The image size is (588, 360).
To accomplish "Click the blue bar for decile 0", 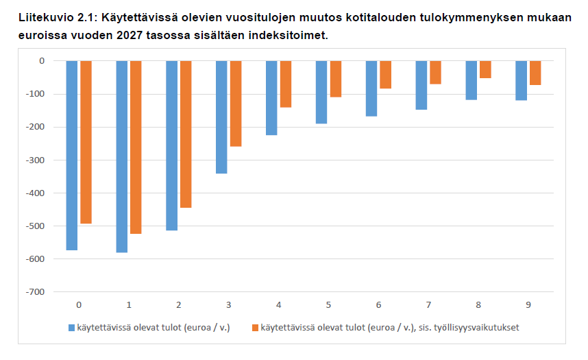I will [71, 155].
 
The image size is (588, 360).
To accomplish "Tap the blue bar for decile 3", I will [221, 117].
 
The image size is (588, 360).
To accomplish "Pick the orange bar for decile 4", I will [285, 84].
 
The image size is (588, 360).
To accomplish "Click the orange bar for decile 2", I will [186, 134].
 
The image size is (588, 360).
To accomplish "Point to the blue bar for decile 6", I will [371, 88].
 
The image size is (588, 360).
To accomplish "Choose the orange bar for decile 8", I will [485, 69].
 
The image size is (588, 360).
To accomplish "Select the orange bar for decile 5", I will [335, 79].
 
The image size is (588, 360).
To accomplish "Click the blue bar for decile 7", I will [421, 85].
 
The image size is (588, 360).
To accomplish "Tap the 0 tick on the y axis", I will [42, 61].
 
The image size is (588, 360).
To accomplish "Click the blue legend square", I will [71, 328].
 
